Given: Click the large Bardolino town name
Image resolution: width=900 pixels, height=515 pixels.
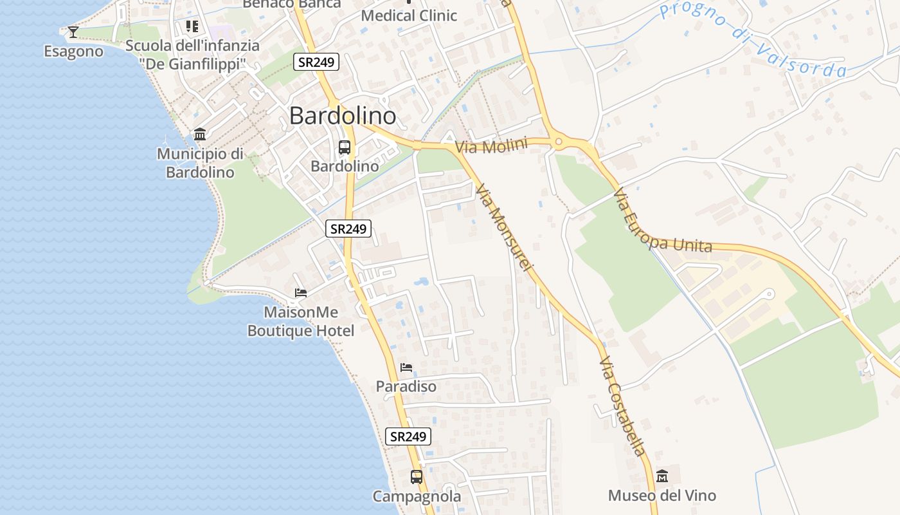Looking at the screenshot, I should coord(342,115).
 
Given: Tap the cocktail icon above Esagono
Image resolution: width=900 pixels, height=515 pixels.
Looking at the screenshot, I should coord(73,32).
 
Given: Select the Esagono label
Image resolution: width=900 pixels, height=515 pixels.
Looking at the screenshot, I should coord(73,51).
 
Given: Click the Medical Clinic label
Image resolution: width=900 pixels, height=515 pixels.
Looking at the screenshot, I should coord(409,15).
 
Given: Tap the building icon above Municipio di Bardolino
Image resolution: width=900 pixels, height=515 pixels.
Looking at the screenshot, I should coord(200,135).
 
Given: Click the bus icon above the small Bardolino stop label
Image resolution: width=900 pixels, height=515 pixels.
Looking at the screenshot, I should coord(345,147).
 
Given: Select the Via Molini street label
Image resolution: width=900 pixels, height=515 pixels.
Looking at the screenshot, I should coord(491,145).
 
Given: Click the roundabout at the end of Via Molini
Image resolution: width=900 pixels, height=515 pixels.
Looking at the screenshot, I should coord(558,142).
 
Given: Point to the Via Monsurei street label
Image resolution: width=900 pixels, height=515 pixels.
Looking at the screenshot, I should coord(505,227).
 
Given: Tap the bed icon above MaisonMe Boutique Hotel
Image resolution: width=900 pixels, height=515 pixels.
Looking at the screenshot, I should coord(300,293).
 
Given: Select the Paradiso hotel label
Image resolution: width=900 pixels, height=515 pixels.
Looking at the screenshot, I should coord(406,386).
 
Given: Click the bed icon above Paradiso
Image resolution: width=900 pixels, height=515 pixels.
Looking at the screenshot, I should coord(406,368).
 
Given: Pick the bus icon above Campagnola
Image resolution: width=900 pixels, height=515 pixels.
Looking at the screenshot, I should coord(417,477).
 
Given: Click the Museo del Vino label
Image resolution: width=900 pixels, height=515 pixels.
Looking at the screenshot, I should coord(661,495).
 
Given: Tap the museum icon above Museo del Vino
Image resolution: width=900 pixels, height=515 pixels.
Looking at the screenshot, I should coord(662,476).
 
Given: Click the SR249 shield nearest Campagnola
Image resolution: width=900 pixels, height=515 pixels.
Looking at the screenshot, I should coord(408,436).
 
